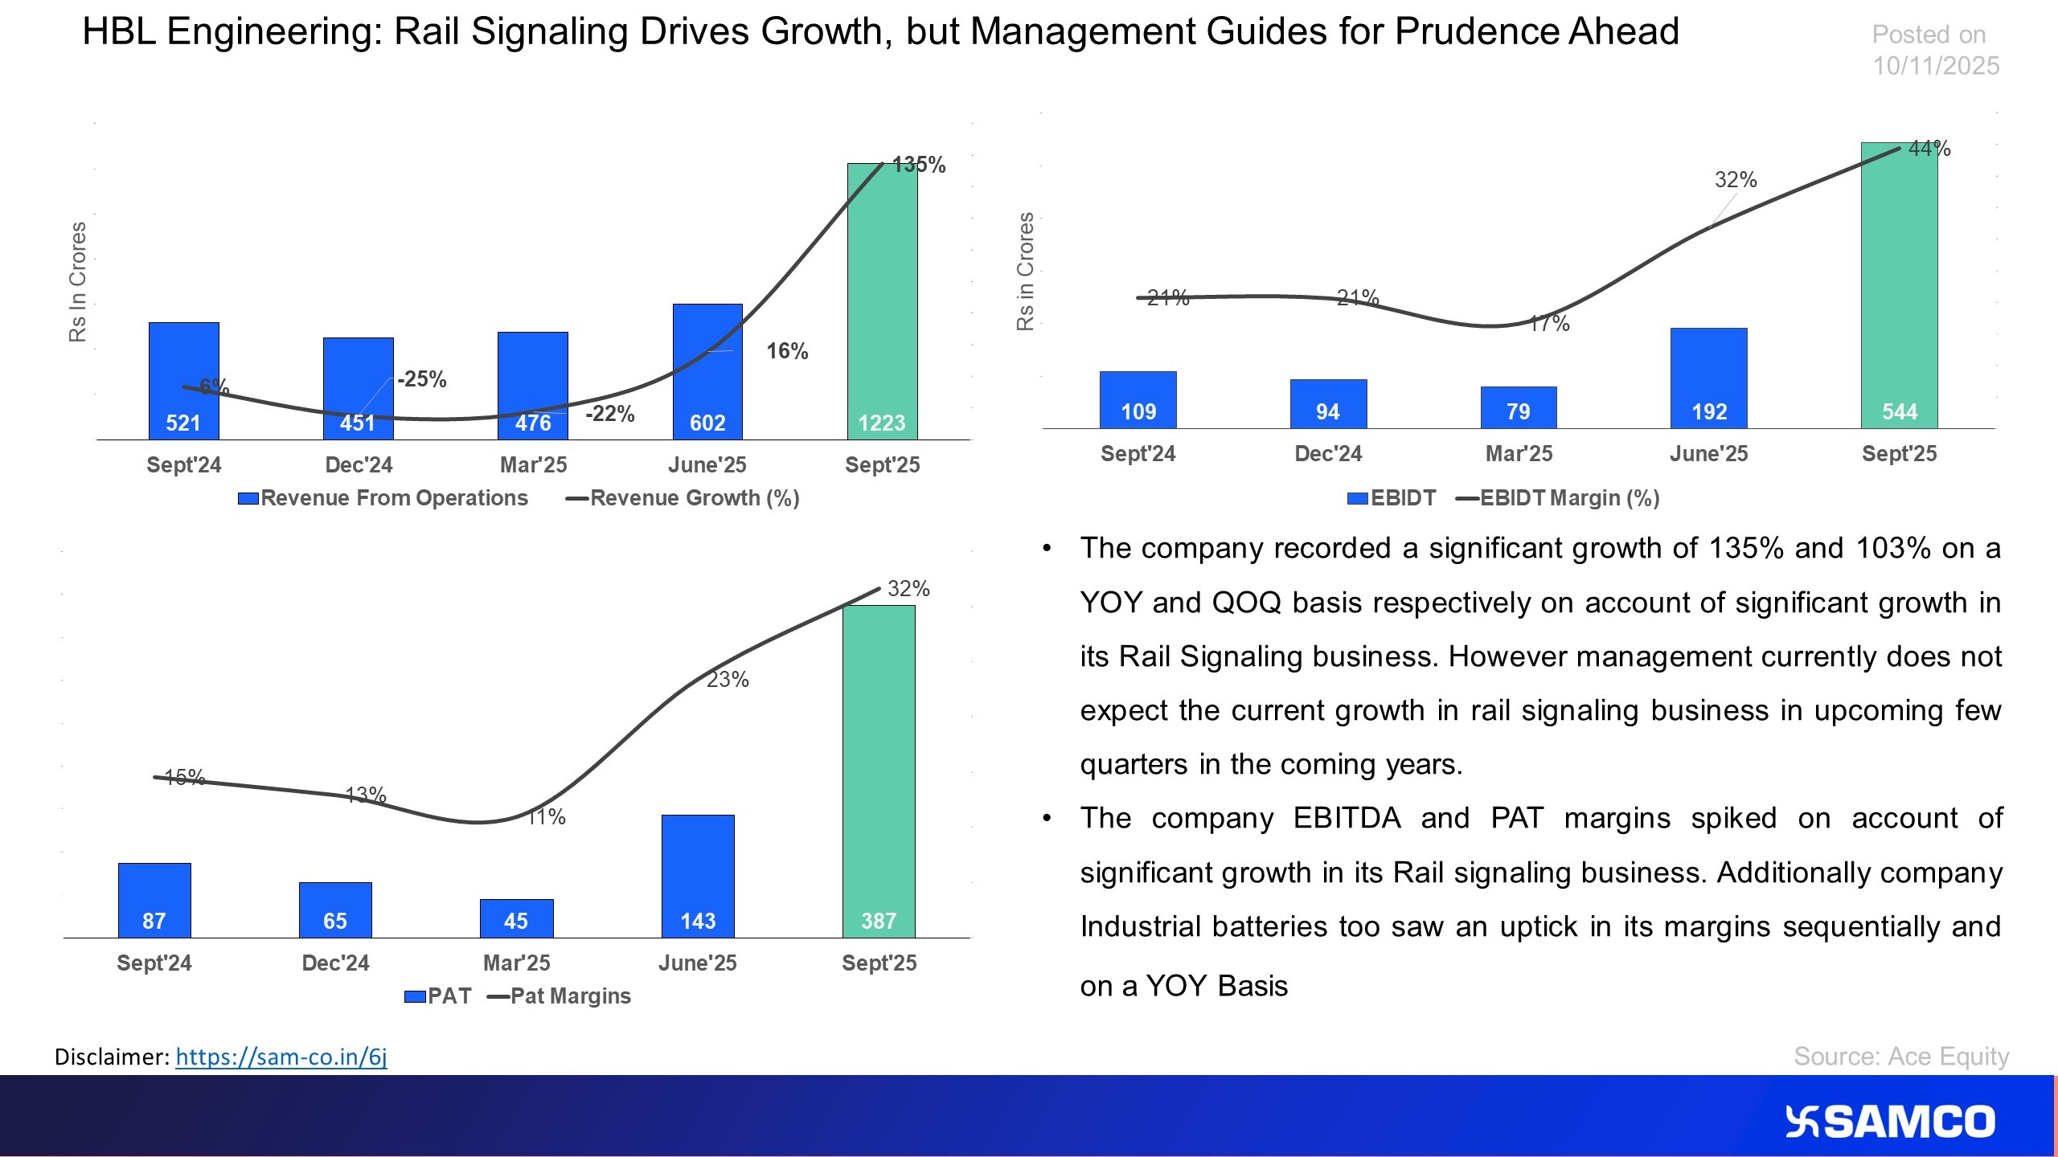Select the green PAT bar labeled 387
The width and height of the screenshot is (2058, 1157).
point(879,771)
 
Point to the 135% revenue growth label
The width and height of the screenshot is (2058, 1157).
point(919,165)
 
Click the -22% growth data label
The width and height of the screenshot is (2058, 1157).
point(609,414)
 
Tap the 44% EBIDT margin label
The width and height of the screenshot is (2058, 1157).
point(1929,149)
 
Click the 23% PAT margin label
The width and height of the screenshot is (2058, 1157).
point(728,680)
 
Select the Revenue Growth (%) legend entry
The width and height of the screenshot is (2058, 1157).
point(683,498)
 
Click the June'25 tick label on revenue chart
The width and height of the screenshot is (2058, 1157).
point(707,464)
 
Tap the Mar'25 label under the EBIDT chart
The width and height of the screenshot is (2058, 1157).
point(1519,453)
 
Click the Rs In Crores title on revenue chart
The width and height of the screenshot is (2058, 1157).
point(77,282)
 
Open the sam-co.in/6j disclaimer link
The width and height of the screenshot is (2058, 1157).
point(281,1057)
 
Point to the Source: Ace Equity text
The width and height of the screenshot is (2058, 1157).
point(1901,1056)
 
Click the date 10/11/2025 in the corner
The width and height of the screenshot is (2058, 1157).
point(1936,66)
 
